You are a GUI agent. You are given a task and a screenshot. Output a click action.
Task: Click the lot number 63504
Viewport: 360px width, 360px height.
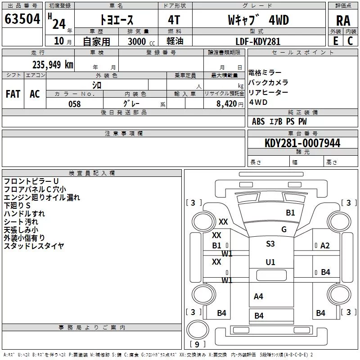[22, 19]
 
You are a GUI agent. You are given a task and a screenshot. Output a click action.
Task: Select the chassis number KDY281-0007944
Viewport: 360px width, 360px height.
[302, 143]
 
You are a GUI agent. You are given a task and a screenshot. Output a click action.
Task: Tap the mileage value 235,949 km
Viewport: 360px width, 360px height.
[53, 65]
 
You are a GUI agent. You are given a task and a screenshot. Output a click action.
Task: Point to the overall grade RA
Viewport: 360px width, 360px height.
[343, 21]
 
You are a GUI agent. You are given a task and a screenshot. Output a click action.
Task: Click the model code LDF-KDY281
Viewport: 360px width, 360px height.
[258, 41]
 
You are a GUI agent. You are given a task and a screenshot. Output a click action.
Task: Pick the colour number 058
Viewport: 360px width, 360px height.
[75, 104]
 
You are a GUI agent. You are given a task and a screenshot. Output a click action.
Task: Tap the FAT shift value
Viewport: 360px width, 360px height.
[13, 94]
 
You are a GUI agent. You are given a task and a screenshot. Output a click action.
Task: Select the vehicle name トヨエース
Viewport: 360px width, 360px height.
[117, 20]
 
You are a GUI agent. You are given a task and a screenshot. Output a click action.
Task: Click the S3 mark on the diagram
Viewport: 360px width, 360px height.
[270, 243]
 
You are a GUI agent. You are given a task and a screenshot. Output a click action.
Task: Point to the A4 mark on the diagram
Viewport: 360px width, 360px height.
[258, 297]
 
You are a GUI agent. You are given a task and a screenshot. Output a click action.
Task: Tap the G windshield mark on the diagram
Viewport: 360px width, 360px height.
[284, 229]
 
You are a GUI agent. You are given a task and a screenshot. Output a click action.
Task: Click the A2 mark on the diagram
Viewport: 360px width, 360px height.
[325, 246]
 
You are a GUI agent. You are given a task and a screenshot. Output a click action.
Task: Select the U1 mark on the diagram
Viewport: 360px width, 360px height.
[270, 262]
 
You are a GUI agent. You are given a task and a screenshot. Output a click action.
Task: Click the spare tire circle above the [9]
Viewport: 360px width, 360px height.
[198, 329]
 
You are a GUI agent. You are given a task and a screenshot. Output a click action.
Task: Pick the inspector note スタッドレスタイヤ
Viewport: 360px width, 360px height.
[34, 246]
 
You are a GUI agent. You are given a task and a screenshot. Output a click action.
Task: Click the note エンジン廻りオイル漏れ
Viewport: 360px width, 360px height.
[42, 198]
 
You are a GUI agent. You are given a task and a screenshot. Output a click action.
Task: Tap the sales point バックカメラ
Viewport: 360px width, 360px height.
[268, 82]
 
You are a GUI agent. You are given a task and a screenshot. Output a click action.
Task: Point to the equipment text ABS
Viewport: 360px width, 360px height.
[258, 121]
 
